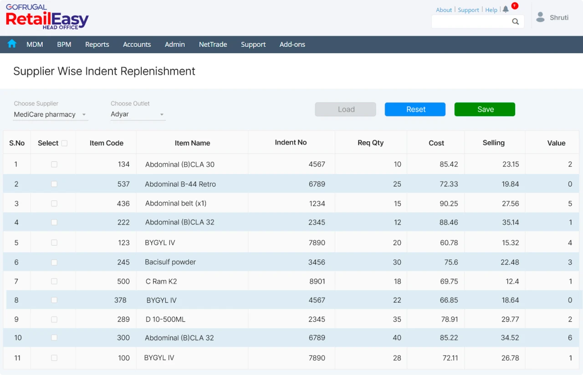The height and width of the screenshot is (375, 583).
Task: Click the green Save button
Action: (485, 109)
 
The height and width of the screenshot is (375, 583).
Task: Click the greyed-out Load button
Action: (345, 109)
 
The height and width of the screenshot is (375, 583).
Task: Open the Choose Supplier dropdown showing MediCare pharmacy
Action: (50, 114)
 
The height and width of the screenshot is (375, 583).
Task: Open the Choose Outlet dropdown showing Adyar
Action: (138, 114)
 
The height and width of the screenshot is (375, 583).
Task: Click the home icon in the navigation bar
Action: (12, 44)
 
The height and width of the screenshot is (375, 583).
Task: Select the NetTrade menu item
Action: (213, 44)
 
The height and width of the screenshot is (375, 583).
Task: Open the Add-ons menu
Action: (292, 44)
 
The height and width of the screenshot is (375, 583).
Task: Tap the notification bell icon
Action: (506, 10)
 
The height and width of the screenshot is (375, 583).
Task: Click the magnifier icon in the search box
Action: (515, 21)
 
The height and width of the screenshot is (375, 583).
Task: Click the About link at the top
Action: (444, 10)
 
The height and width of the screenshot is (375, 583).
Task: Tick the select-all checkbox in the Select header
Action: (64, 143)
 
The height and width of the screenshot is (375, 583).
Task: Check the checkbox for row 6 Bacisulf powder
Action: (54, 262)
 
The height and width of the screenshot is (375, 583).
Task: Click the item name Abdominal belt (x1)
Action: (175, 203)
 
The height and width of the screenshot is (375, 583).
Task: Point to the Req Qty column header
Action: (370, 143)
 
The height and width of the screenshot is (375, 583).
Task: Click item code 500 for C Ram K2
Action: (123, 281)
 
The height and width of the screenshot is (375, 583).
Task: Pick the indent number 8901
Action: (317, 281)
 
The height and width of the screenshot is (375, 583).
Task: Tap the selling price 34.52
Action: (510, 338)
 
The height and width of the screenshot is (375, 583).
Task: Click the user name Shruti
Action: (559, 17)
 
